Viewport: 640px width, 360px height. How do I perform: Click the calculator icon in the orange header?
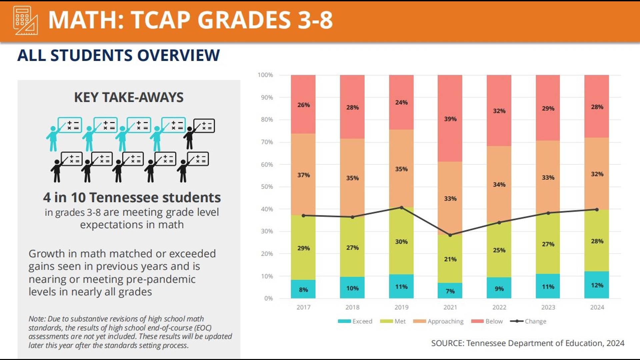[x=25, y=20]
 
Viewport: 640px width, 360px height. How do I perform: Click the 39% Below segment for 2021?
[x=450, y=119]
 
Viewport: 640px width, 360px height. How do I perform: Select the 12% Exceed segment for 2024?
[x=597, y=285]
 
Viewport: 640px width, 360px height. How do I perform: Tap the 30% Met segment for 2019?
[x=401, y=241]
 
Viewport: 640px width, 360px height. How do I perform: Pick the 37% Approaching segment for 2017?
[x=303, y=175]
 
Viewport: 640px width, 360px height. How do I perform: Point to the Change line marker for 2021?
[x=450, y=235]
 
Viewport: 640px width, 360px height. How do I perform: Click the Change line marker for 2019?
[x=401, y=208]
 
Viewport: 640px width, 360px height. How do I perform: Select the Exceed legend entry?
[x=355, y=321]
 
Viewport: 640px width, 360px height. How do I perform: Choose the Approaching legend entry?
[x=438, y=321]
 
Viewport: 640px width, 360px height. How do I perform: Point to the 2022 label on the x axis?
[x=499, y=307]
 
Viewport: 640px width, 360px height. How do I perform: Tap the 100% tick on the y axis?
[x=265, y=75]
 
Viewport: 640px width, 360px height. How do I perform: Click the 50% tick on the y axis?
[x=267, y=187]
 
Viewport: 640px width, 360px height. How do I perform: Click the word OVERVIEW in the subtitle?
[x=178, y=55]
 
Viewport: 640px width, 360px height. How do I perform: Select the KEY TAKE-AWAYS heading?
[x=129, y=97]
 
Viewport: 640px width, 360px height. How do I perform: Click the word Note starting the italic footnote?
[x=37, y=319]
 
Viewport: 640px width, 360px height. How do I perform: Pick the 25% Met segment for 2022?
[x=499, y=250]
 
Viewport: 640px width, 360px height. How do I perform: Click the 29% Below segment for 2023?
[x=548, y=108]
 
